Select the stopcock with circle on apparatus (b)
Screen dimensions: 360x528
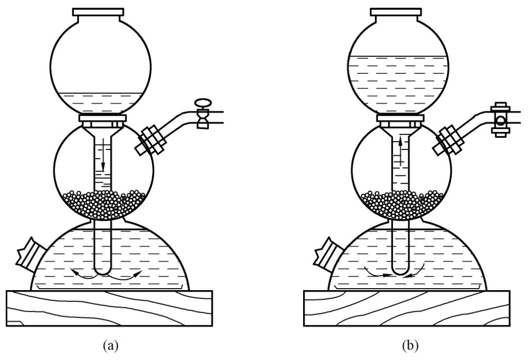(x=499, y=120)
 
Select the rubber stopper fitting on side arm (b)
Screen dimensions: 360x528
(x=447, y=141)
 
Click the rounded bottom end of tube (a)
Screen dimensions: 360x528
(x=103, y=270)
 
